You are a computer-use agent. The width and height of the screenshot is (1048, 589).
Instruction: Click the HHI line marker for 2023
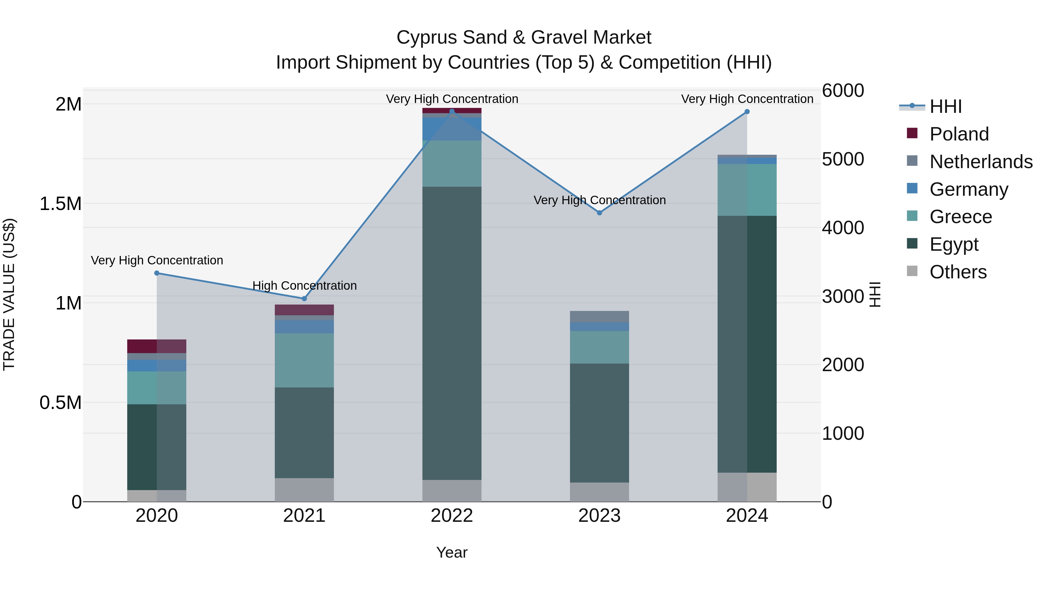click(x=599, y=213)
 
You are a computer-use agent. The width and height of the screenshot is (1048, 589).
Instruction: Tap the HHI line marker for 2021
click(x=304, y=299)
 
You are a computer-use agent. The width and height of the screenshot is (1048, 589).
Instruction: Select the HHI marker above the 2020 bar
click(x=157, y=273)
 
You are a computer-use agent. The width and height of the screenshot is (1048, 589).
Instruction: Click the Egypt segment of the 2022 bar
click(x=452, y=333)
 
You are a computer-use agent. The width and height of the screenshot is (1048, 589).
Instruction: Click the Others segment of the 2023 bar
click(x=599, y=492)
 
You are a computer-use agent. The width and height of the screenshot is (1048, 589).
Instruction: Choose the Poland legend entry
click(x=959, y=134)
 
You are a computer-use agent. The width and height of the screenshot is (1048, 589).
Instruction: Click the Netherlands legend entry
click(x=980, y=162)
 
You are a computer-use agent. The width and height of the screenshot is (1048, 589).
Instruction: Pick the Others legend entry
click(x=958, y=272)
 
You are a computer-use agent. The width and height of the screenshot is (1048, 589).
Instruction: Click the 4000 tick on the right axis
click(x=842, y=228)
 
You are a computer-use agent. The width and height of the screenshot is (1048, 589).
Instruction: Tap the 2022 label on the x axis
click(x=452, y=516)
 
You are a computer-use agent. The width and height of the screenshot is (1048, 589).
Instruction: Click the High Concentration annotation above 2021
click(x=304, y=286)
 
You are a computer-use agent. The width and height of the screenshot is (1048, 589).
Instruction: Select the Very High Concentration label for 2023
click(x=599, y=200)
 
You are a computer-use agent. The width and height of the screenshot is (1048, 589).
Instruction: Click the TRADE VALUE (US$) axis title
click(x=9, y=294)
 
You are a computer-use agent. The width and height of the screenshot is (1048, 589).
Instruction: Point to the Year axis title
click(x=452, y=552)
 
